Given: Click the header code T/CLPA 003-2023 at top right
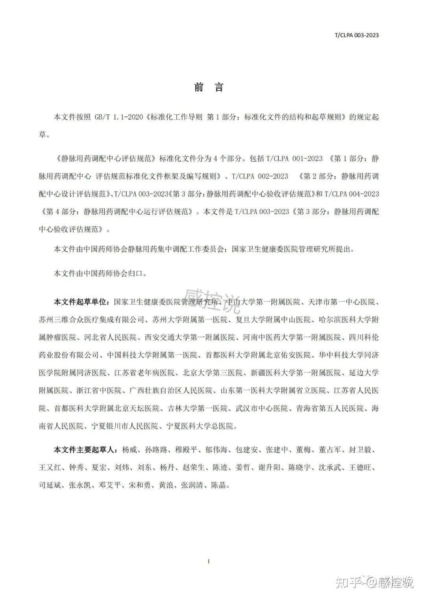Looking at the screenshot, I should tap(356, 35).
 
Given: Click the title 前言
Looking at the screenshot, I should tap(209, 87).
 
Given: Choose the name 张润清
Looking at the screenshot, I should tap(191, 485).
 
